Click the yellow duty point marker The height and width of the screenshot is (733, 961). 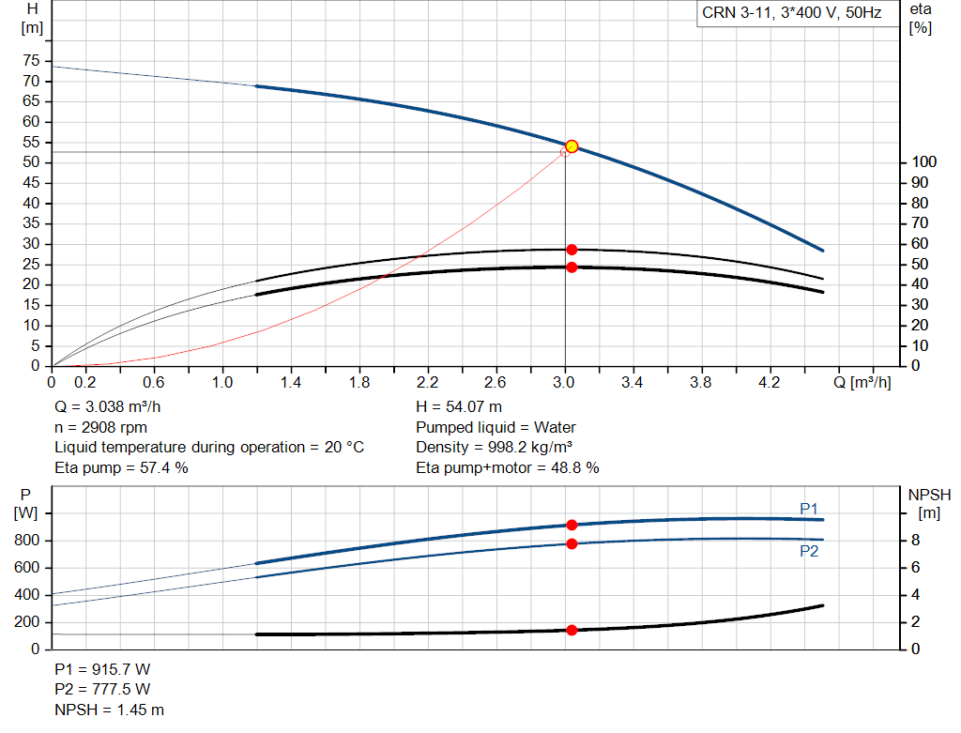(x=572, y=146)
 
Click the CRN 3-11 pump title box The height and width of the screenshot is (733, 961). (x=792, y=13)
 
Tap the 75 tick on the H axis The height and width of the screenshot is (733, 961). (x=32, y=61)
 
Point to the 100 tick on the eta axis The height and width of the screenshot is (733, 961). (x=923, y=162)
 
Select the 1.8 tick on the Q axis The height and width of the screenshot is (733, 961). (x=358, y=382)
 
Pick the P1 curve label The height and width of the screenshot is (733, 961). (x=809, y=508)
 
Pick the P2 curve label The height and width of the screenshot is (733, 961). (x=809, y=552)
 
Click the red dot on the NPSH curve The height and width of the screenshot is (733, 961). (x=572, y=630)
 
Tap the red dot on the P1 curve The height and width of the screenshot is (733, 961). (x=572, y=525)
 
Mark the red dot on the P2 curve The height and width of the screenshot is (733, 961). (x=572, y=543)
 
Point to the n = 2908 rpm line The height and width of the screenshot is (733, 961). (x=100, y=427)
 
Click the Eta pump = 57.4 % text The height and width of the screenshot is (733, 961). (x=121, y=467)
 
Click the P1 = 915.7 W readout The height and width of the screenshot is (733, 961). (x=102, y=671)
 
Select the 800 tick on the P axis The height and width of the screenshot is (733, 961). (x=25, y=541)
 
